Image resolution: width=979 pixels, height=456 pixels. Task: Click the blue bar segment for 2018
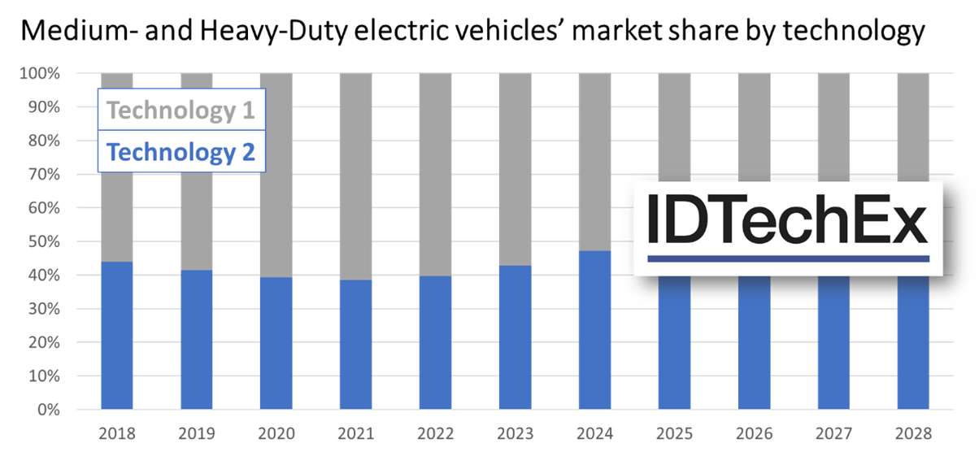pyautogui.click(x=116, y=335)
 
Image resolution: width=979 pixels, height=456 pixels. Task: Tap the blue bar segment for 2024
pyautogui.click(x=594, y=329)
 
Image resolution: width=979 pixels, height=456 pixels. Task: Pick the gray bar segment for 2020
pyautogui.click(x=276, y=175)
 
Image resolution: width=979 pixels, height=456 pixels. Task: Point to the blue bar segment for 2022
pyautogui.click(x=435, y=342)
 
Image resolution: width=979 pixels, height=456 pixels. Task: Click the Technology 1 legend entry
pyautogui.click(x=181, y=110)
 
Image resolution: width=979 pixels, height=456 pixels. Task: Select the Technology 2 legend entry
pyautogui.click(x=181, y=152)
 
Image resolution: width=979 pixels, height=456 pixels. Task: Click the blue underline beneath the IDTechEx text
pyautogui.click(x=788, y=258)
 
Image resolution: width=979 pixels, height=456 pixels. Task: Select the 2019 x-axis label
pyautogui.click(x=196, y=432)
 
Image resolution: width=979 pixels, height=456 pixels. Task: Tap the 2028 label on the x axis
pyautogui.click(x=913, y=432)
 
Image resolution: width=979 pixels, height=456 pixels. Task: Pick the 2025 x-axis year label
pyautogui.click(x=674, y=432)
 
